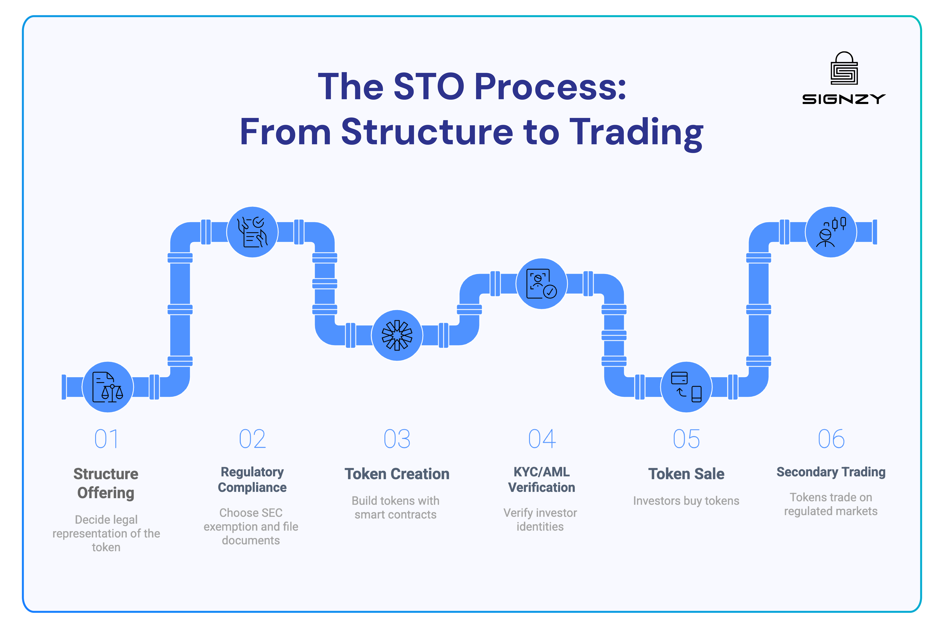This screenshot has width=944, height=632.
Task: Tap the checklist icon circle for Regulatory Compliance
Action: coord(252,232)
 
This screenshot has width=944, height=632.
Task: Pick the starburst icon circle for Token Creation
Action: coord(397,335)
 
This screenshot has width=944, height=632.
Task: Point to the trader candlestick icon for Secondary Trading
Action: coord(831,232)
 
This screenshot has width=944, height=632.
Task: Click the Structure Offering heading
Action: coord(106,483)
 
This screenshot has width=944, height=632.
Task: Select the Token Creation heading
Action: coord(397,474)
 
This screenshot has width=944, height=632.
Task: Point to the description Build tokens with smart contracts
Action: coord(396,507)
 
